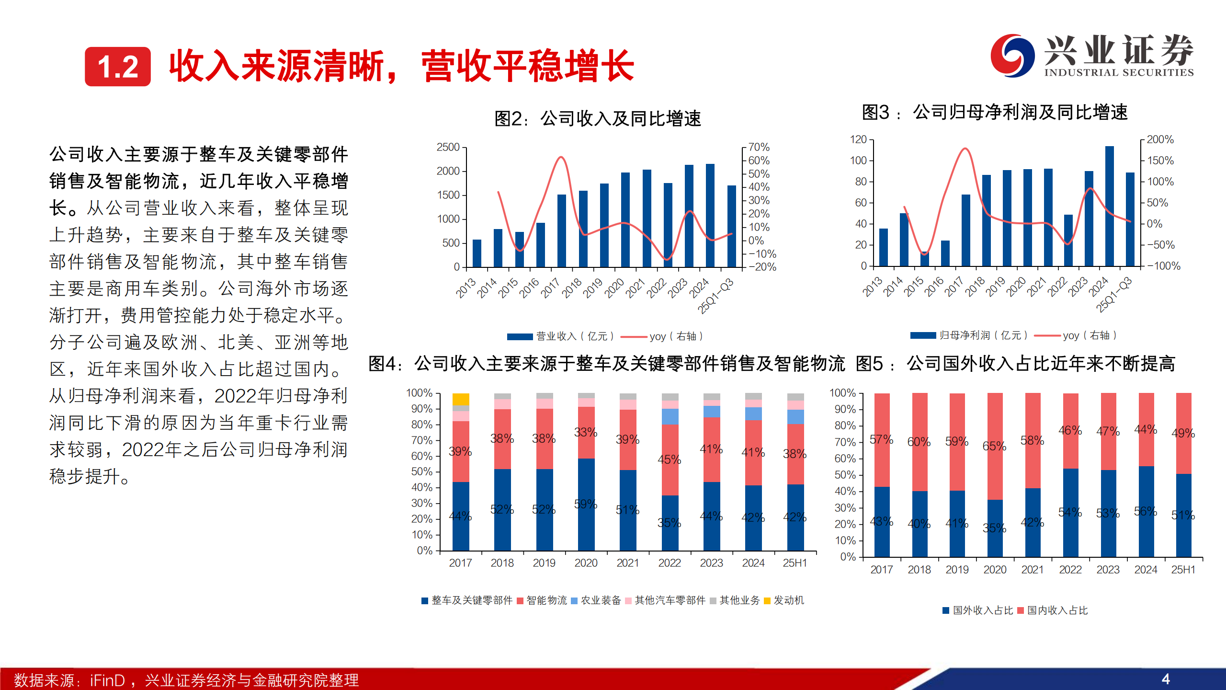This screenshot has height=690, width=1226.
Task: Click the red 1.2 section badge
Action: pyautogui.click(x=118, y=67)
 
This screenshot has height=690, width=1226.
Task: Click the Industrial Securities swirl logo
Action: pyautogui.click(x=1012, y=56)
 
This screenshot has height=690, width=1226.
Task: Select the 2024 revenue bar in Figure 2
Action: pyautogui.click(x=710, y=216)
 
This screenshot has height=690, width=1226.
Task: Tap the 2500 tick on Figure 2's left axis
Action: pyautogui.click(x=448, y=147)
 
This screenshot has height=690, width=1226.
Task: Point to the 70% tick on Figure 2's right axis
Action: pyautogui.click(x=759, y=147)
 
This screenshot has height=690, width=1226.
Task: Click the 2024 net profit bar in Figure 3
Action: pyautogui.click(x=1109, y=206)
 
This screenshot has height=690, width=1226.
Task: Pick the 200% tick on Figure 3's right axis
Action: pyautogui.click(x=1160, y=139)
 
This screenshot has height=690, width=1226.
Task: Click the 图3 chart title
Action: pyautogui.click(x=995, y=113)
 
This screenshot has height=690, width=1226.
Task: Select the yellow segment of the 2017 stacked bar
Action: pyautogui.click(x=461, y=399)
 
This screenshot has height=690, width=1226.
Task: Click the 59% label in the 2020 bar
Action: pyautogui.click(x=585, y=504)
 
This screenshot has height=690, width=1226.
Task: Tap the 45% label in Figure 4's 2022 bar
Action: pyautogui.click(x=669, y=460)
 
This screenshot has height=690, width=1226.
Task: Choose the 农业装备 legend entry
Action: pyautogui.click(x=596, y=600)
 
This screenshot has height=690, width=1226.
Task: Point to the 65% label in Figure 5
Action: pyautogui.click(x=994, y=446)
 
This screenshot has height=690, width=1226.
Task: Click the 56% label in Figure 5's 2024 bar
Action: pyautogui.click(x=1145, y=511)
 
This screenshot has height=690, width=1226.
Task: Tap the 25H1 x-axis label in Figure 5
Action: pyautogui.click(x=1183, y=570)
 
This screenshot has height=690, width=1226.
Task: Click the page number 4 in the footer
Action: pyautogui.click(x=1166, y=679)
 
